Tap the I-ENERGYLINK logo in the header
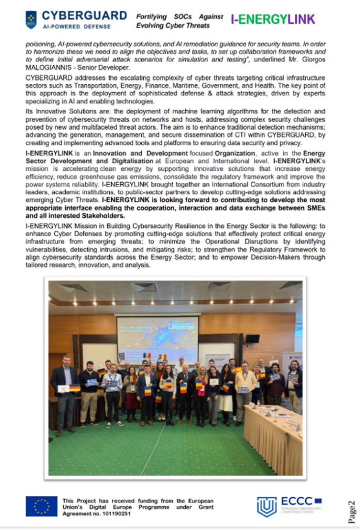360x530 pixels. click(273, 20)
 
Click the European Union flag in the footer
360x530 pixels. click(41, 506)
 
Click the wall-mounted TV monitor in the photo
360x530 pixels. click(252, 339)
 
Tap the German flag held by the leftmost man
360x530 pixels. click(74, 388)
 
